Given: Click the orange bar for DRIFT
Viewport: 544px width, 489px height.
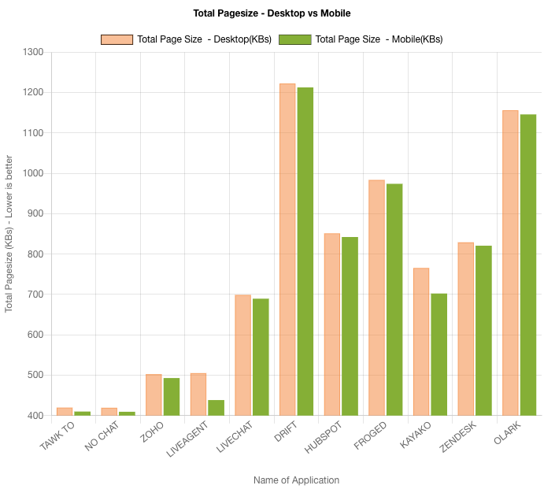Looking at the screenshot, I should point(287,249).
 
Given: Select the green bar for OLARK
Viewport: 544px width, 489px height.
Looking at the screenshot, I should point(527,265).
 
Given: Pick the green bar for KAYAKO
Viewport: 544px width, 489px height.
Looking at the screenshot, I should point(439,354).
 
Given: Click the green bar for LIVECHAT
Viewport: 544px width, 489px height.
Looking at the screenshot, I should point(260,357).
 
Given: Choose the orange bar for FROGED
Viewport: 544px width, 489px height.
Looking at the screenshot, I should point(376,297).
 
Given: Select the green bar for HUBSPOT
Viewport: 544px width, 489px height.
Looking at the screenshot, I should point(350,326).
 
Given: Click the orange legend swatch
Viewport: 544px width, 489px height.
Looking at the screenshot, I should point(117,39).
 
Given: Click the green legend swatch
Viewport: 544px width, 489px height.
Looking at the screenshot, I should point(295,39).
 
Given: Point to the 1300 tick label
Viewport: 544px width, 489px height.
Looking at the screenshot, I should point(33,52).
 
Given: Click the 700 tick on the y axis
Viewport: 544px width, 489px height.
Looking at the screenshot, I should point(35,295).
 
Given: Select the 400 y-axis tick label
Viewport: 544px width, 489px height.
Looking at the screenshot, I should point(35,415).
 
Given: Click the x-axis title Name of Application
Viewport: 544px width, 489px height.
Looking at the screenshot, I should point(296,480).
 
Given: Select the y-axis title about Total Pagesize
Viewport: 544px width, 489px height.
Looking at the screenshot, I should point(9,234).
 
